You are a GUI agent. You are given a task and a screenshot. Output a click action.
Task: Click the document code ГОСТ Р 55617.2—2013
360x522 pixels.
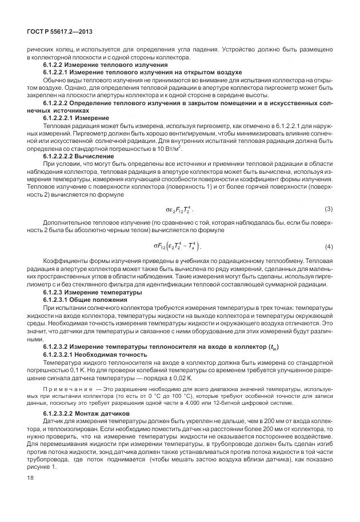55,31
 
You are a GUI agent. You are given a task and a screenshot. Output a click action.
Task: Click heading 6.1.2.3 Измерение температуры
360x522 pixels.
92,292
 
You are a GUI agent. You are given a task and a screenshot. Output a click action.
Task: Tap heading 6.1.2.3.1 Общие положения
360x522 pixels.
85,300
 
